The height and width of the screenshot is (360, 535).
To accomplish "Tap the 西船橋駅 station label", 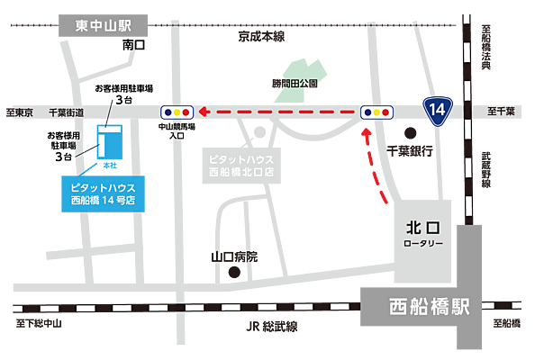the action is (430, 307).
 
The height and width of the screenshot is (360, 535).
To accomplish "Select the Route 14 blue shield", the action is (438, 110).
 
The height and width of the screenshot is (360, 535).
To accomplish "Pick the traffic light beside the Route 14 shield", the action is (376, 111).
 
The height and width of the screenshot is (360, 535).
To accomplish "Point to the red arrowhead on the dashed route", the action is (204, 112).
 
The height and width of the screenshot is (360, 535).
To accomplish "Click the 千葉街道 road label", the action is (67, 112).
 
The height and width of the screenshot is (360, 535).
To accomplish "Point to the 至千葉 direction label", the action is (501, 112).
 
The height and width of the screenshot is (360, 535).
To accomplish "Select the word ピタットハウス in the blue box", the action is (102, 186).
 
